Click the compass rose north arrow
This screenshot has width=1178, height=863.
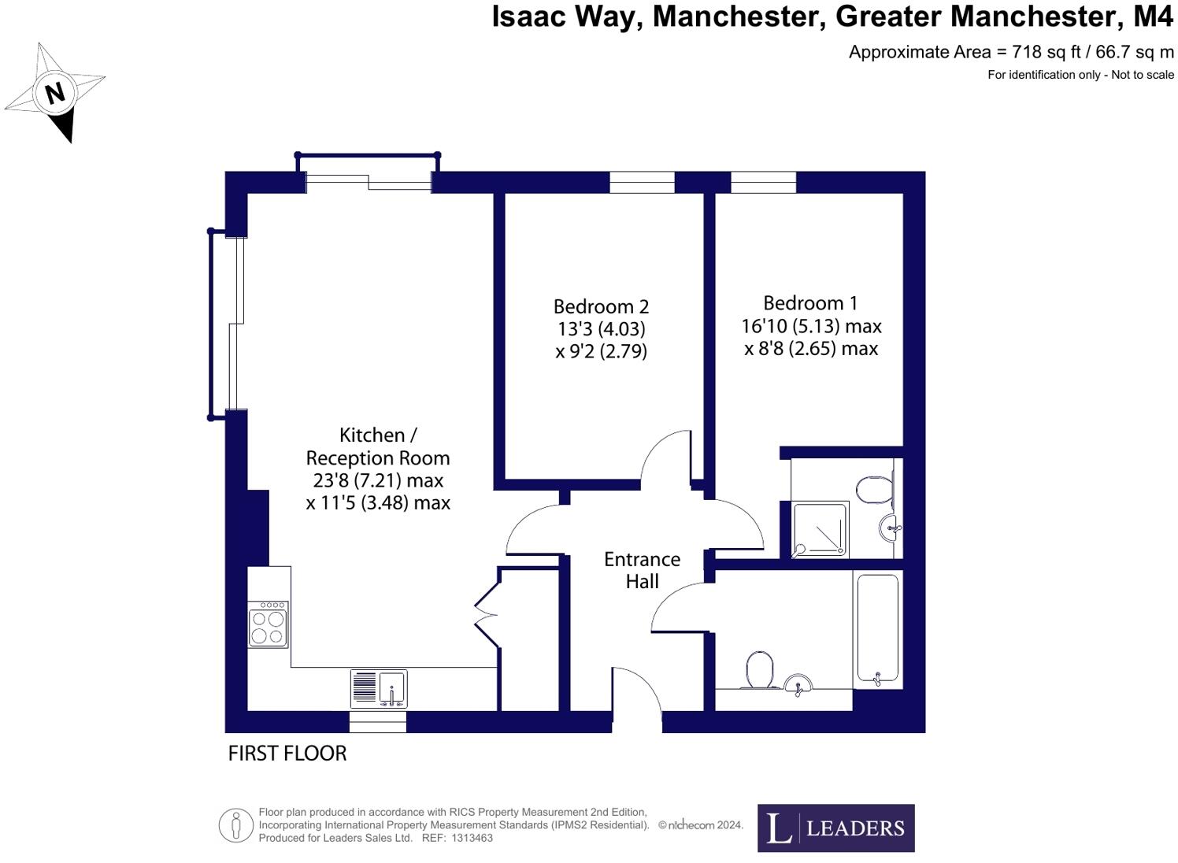click(x=55, y=93)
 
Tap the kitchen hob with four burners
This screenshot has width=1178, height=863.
click(x=268, y=624)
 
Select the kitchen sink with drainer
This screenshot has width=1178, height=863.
click(x=379, y=688)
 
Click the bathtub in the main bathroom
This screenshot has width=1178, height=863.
click(x=876, y=628)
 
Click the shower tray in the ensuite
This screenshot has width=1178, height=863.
click(x=820, y=529)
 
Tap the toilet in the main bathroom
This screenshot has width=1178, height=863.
click(x=759, y=669)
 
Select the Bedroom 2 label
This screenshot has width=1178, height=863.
click(x=601, y=306)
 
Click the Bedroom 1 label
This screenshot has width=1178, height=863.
click(x=810, y=303)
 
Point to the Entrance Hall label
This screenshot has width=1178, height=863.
click(x=642, y=570)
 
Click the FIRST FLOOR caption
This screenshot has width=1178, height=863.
click(x=287, y=754)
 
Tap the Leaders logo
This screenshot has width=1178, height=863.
click(x=835, y=828)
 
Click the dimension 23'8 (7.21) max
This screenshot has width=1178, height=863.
click(x=378, y=480)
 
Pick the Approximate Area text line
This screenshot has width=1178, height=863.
click(x=1010, y=53)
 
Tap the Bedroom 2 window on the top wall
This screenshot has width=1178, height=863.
click(x=642, y=182)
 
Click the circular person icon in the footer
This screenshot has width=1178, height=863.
click(x=235, y=825)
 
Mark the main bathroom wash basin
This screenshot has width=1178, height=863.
click(x=798, y=684)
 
